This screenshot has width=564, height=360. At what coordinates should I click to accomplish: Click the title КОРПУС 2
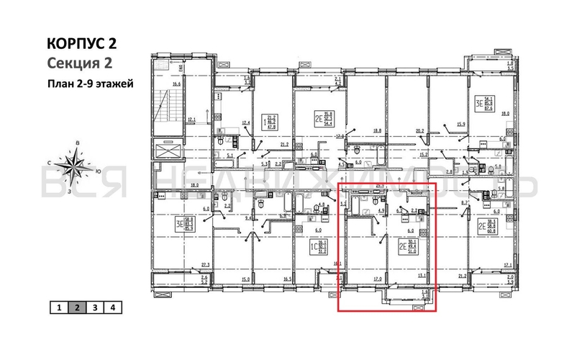81,43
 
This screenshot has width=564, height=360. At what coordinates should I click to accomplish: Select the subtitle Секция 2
81,63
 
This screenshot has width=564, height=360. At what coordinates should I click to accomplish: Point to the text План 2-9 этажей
90,83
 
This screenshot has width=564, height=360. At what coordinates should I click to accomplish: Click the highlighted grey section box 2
76,307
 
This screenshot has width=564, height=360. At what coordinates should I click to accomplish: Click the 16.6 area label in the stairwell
175,84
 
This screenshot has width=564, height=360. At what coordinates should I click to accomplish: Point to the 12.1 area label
191,120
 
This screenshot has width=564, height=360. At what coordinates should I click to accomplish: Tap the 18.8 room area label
377,130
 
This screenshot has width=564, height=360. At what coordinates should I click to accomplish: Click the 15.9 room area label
461,125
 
